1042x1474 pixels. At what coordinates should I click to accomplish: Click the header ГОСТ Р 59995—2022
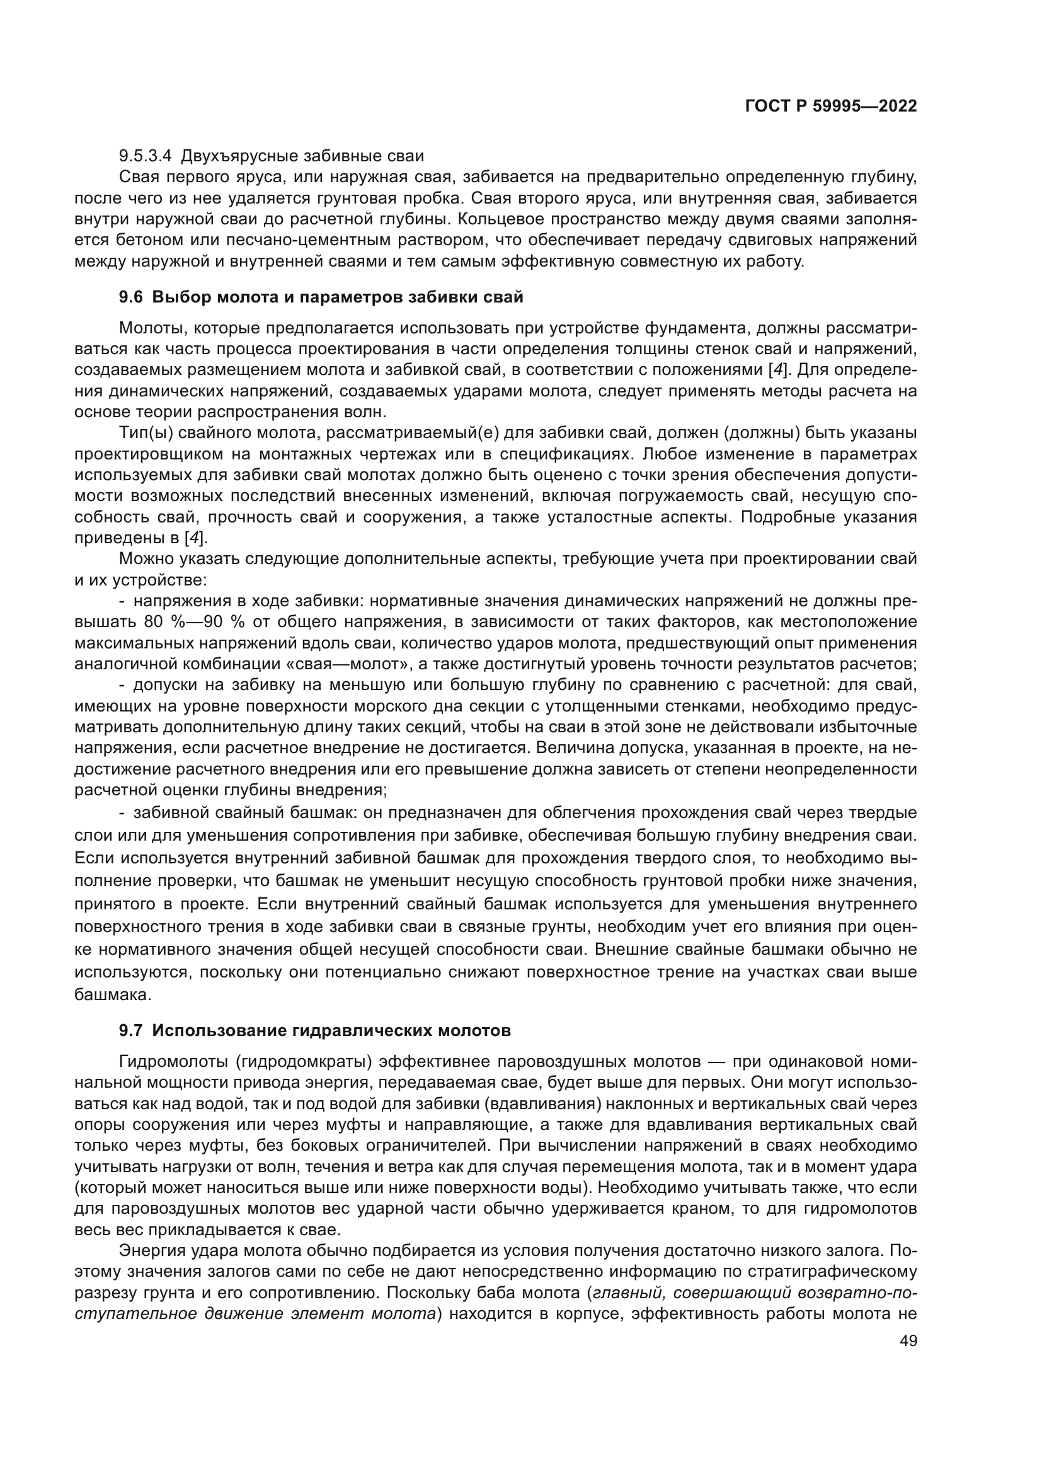(830, 107)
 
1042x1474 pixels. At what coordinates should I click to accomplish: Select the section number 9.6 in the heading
(131, 297)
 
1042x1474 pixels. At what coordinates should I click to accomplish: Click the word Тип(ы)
(143, 433)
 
